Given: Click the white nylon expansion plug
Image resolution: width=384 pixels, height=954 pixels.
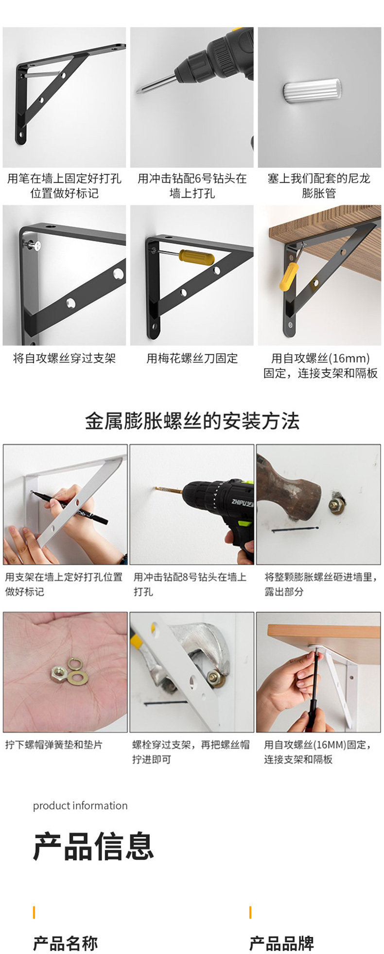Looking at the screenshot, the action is coord(312,91).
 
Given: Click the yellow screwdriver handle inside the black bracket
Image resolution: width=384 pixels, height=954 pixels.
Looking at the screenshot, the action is coord(197,257).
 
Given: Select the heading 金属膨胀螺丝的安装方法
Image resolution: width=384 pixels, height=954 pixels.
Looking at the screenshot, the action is coord(192,421).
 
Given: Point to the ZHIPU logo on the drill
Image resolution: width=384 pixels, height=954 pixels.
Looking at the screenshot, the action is coord(242,502).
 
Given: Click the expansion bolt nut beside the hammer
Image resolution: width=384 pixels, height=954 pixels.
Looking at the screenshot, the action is coord(335,505).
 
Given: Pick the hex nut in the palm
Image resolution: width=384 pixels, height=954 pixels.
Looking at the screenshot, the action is coord(59,673).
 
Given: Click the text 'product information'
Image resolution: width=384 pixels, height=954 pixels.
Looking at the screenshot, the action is coord(80,806).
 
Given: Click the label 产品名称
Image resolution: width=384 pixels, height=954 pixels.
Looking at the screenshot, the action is coord(65,943).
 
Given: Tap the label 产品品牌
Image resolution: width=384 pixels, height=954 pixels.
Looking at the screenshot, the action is coord(281,943).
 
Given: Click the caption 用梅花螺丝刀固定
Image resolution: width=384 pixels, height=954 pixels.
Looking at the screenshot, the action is coord(192,359).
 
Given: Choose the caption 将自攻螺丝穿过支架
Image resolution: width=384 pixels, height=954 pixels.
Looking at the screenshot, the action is coord(64,359).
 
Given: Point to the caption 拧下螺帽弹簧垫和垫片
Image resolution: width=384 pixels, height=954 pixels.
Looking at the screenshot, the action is coord(53,745).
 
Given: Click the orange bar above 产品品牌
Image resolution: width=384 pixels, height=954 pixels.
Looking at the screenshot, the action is coord(250,912).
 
